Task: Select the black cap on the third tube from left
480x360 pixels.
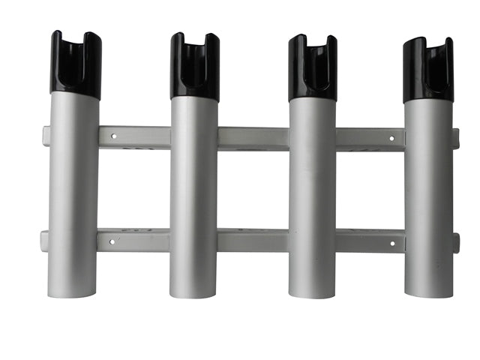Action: click(x=312, y=68)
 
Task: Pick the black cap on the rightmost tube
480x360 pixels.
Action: click(x=427, y=70)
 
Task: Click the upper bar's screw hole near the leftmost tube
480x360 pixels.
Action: click(x=114, y=137)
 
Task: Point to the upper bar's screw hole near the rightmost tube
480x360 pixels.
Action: click(x=391, y=139)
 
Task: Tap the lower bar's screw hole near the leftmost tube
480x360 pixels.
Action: click(x=112, y=242)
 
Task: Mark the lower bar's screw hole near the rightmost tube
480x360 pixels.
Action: click(x=391, y=243)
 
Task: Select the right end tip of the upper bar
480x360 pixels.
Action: click(x=455, y=139)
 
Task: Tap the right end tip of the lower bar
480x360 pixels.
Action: click(x=455, y=242)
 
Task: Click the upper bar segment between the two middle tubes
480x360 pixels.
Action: click(x=253, y=139)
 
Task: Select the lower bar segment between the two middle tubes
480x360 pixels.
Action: click(x=253, y=241)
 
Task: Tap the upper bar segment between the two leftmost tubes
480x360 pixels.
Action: click(x=135, y=137)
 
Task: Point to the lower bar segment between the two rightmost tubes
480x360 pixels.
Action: click(x=370, y=241)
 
